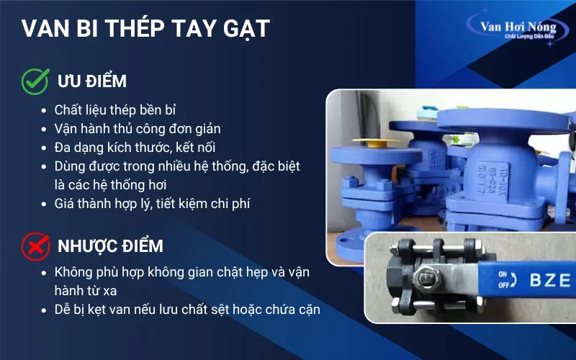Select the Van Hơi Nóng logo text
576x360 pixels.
(x=518, y=27)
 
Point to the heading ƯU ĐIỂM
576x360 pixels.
(x=91, y=81)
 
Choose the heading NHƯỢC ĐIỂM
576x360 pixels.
(x=109, y=246)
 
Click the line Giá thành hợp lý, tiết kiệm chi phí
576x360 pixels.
(x=152, y=204)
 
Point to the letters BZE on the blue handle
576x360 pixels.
(x=549, y=279)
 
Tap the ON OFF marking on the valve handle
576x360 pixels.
(x=504, y=279)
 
